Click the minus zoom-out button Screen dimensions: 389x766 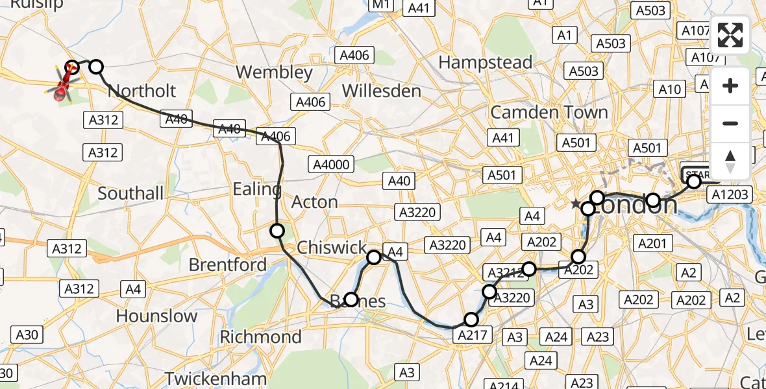click(x=730, y=123)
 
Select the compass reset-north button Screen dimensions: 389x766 click(x=730, y=161)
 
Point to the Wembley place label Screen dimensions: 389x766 click(x=275, y=71)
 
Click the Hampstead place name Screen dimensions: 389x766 click(x=486, y=62)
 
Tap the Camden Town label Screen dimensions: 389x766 click(x=549, y=112)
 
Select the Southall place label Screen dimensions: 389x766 click(x=130, y=193)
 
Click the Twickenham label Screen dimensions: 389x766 click(x=215, y=378)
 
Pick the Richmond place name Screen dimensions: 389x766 click(x=260, y=337)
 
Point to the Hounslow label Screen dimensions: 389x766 click(x=156, y=316)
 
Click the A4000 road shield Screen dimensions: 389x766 click(x=331, y=165)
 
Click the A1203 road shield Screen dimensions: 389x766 click(x=730, y=194)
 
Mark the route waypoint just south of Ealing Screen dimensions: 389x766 click(x=277, y=230)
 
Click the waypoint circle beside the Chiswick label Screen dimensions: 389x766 click(x=374, y=257)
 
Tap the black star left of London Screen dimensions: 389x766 click(x=575, y=204)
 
